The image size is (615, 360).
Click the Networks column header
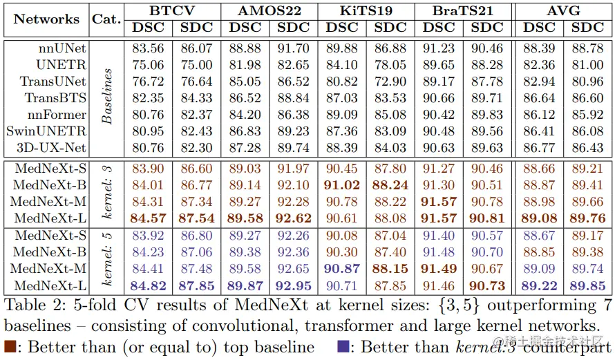[46, 19]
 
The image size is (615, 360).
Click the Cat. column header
[106, 19]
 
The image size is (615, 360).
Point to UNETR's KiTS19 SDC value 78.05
[390, 66]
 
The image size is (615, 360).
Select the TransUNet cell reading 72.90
[390, 82]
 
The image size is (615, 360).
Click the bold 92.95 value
[294, 286]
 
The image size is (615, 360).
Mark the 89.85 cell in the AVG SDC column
[588, 286]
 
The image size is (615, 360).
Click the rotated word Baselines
[107, 97]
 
